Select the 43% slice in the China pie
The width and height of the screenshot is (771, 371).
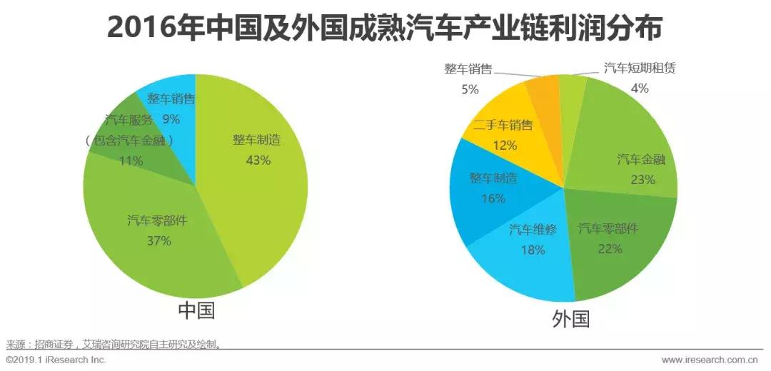(264, 185)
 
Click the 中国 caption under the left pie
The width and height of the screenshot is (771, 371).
(196, 311)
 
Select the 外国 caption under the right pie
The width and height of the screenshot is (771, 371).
(570, 318)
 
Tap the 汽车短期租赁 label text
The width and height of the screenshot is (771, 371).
(639, 68)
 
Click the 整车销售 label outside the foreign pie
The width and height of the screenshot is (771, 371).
(468, 68)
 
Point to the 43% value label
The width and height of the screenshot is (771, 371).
(258, 161)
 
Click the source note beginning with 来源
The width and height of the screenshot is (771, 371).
(114, 344)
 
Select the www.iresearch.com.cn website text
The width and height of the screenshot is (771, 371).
(713, 360)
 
